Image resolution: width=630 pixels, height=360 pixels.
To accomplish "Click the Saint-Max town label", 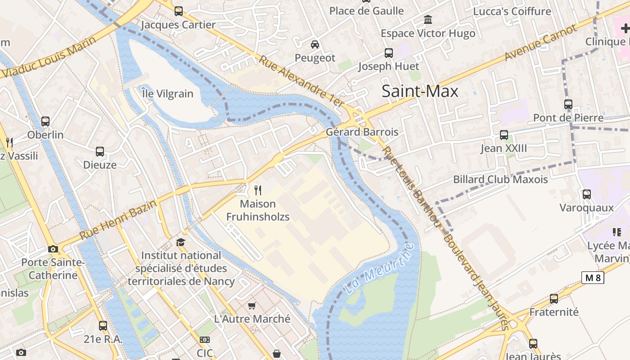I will pyautogui.click(x=420, y=91).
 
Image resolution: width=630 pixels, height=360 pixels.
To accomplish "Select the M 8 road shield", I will pyautogui.click(x=592, y=278).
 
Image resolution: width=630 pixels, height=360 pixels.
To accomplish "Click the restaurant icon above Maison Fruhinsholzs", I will pyautogui.click(x=258, y=190).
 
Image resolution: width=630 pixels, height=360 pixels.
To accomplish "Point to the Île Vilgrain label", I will pyautogui.click(x=167, y=94).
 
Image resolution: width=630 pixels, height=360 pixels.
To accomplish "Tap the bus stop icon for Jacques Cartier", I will pyautogui.click(x=179, y=11).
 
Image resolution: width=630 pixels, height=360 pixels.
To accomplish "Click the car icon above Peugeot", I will pyautogui.click(x=315, y=44).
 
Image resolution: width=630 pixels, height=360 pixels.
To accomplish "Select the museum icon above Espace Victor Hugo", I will pyautogui.click(x=428, y=20).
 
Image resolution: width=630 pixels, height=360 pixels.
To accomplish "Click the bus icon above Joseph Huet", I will pyautogui.click(x=388, y=53).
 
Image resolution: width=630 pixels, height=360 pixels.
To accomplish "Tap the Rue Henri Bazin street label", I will pyautogui.click(x=118, y=220).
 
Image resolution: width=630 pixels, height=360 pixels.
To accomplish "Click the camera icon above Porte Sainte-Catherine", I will pyautogui.click(x=53, y=249).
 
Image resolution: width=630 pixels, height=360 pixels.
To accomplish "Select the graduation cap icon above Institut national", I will pyautogui.click(x=181, y=242).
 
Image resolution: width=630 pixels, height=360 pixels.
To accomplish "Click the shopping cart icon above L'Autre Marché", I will pyautogui.click(x=252, y=306).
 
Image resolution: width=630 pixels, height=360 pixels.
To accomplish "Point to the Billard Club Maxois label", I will pyautogui.click(x=500, y=179).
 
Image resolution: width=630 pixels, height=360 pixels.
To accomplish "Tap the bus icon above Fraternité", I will pyautogui.click(x=554, y=298).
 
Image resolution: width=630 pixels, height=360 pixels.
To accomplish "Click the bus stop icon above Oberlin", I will pyautogui.click(x=45, y=121).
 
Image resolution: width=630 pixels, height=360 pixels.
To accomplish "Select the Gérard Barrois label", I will pyautogui.click(x=362, y=132).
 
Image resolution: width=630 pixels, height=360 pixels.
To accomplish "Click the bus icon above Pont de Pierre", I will pyautogui.click(x=568, y=104).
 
